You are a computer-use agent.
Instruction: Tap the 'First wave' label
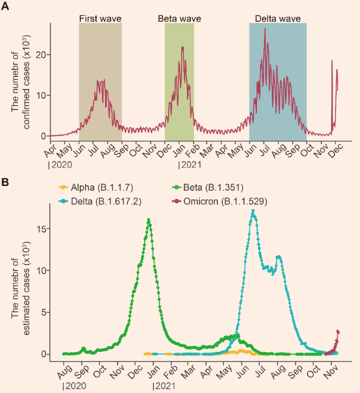point(100,18)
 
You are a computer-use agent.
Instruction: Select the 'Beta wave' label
point(179,18)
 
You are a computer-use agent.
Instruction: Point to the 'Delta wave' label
point(278,18)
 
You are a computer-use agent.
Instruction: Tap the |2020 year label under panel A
point(59,163)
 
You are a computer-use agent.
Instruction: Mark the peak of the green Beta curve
point(148,220)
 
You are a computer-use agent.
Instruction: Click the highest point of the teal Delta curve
point(253,211)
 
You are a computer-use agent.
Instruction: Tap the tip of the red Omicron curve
point(338,331)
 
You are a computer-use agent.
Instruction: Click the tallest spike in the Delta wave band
point(265,29)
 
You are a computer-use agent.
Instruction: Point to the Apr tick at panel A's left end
point(52,147)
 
